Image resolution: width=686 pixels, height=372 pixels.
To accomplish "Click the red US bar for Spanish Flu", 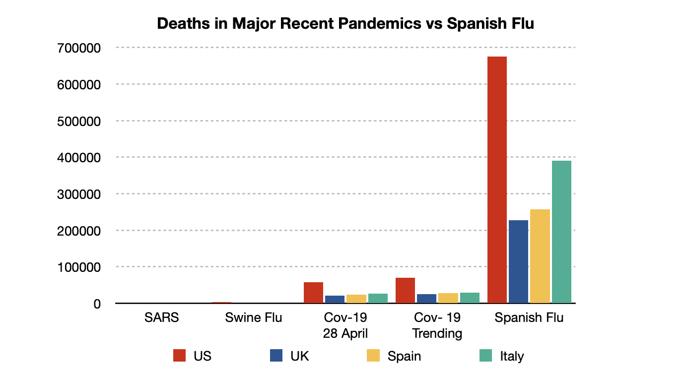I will click(497, 180).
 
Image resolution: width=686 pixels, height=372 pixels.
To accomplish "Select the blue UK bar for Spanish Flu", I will click(518, 261).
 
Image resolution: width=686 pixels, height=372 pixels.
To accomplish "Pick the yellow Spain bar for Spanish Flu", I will click(540, 256).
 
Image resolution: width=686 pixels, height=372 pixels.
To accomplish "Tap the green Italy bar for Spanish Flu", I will click(561, 232).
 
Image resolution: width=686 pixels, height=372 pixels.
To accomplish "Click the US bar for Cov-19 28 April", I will click(313, 293).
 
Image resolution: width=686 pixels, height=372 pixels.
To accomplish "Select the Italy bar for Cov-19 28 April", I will click(378, 298).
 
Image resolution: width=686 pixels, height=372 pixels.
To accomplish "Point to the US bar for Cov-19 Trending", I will click(405, 290).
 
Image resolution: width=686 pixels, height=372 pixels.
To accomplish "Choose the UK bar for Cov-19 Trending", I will click(426, 299).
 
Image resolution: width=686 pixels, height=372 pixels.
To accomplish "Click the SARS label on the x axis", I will click(161, 317).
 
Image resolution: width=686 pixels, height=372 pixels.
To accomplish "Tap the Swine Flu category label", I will click(253, 317).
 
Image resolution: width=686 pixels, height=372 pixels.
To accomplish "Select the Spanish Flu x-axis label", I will click(529, 317).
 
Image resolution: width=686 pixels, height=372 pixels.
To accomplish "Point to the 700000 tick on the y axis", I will click(79, 48).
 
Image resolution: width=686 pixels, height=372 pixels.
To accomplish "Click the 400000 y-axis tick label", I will click(79, 158).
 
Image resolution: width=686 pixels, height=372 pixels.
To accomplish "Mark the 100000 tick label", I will click(79, 267).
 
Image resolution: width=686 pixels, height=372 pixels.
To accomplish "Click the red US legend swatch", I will click(179, 356).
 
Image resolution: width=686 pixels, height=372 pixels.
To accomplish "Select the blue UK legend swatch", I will click(276, 356).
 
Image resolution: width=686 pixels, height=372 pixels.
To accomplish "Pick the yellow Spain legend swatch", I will click(373, 356).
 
